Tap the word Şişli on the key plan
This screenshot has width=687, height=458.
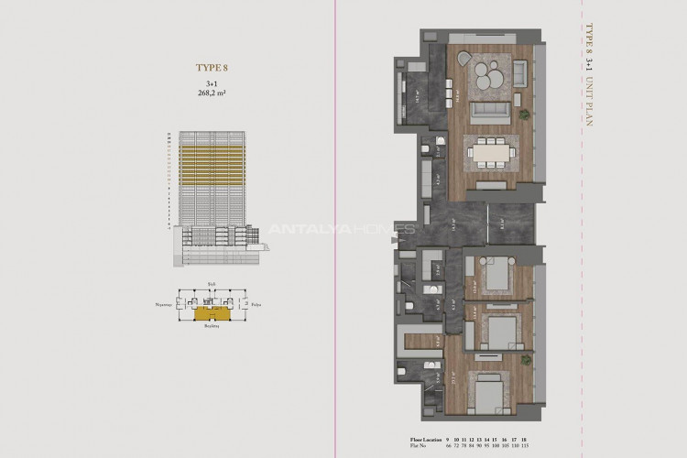tap(211, 286)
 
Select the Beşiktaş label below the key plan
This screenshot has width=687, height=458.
tap(212, 326)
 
